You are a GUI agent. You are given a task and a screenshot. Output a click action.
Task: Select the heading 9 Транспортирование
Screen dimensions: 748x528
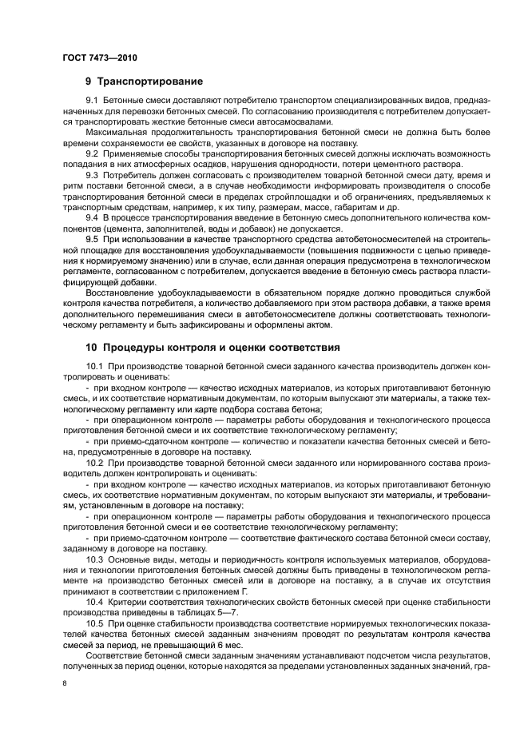144,81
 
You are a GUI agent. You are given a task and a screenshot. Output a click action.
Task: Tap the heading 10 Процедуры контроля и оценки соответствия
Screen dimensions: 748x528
212,348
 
